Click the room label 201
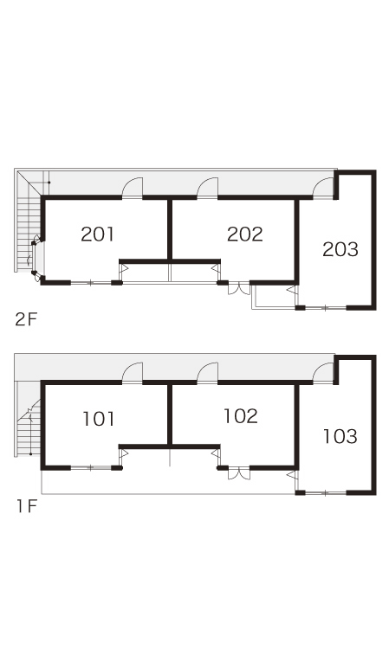click(98, 234)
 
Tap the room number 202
click(245, 234)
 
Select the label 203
click(340, 250)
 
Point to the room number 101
click(99, 419)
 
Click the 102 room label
click(241, 416)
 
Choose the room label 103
click(340, 436)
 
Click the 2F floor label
click(27, 319)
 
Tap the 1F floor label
click(27, 506)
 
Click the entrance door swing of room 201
click(133, 188)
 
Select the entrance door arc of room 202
click(207, 188)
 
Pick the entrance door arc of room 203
click(323, 188)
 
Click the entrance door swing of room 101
click(133, 373)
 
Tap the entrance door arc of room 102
click(207, 373)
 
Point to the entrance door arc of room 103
click(323, 373)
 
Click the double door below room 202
click(239, 288)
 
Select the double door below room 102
click(239, 473)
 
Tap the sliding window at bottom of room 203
click(325, 307)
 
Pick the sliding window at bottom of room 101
click(90, 468)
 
